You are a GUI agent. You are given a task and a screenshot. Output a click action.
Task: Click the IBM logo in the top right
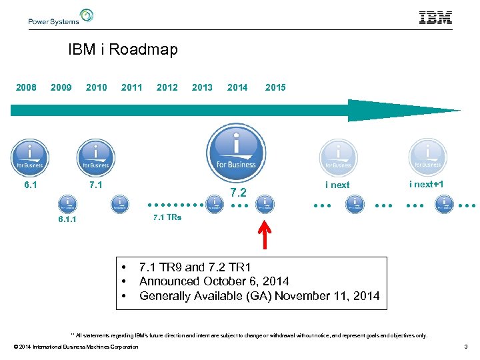click(435, 18)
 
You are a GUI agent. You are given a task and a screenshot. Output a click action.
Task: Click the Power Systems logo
click(61, 17)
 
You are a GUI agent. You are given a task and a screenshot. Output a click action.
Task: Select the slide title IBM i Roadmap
click(123, 50)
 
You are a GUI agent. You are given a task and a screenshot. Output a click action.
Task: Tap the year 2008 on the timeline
click(26, 87)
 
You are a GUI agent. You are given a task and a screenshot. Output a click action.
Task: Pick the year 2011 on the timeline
click(131, 87)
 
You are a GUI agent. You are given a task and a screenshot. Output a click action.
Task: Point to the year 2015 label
click(275, 87)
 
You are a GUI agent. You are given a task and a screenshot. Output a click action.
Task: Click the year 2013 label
click(202, 87)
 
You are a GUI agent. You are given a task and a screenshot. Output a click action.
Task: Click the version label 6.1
click(30, 184)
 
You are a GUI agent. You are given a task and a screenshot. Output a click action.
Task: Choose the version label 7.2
click(238, 193)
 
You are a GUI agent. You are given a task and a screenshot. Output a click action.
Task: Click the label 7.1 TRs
click(167, 217)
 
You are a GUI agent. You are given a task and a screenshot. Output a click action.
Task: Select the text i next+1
click(427, 184)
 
